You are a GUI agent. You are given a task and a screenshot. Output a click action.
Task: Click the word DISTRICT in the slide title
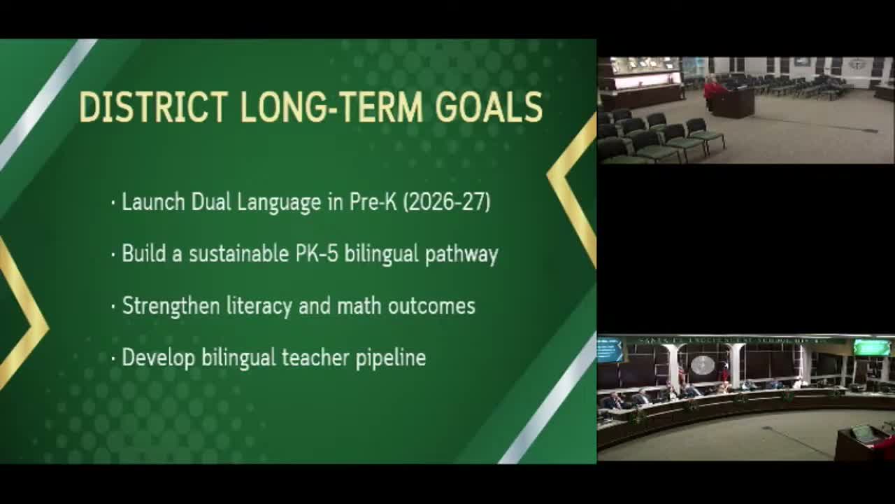(x=153, y=107)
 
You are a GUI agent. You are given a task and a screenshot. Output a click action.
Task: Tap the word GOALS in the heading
(x=489, y=107)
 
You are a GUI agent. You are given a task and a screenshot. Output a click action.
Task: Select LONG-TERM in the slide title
(x=331, y=107)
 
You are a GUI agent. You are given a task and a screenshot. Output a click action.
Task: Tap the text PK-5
(x=317, y=253)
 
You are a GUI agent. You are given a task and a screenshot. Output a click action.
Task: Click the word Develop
(x=159, y=358)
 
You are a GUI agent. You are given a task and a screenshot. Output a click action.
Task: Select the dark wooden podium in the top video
(x=732, y=103)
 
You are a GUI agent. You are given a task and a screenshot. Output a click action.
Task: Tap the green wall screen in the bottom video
(x=871, y=347)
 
